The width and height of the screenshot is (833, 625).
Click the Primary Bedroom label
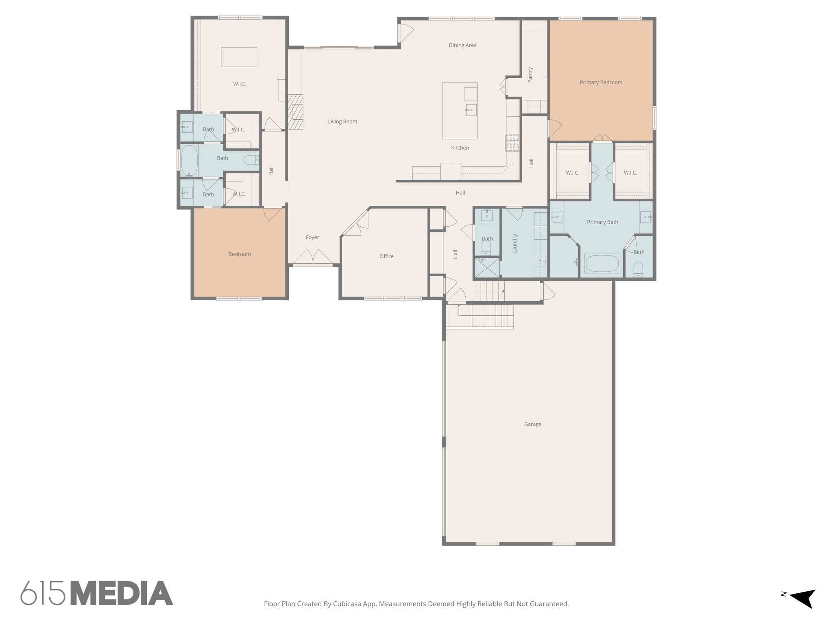pyautogui.click(x=601, y=82)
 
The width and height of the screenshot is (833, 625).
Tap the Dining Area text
pyautogui.click(x=462, y=45)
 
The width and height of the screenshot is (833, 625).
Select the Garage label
pyautogui.click(x=532, y=424)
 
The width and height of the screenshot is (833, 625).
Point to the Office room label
pyautogui.click(x=386, y=256)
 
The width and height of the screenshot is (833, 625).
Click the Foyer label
pyautogui.click(x=312, y=237)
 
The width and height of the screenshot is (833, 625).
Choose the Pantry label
pyautogui.click(x=530, y=75)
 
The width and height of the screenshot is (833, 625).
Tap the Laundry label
pyautogui.click(x=515, y=243)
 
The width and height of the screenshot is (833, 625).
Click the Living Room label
pyautogui.click(x=342, y=121)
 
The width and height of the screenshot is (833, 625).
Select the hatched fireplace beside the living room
pyautogui.click(x=296, y=112)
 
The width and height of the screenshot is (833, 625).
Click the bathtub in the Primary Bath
pyautogui.click(x=602, y=263)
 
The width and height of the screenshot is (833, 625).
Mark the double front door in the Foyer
pyautogui.click(x=313, y=257)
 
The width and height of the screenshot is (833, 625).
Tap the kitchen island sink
pyautogui.click(x=471, y=110)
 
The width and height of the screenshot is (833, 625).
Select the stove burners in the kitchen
pyautogui.click(x=512, y=143)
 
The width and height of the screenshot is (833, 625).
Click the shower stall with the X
pyautogui.click(x=487, y=268)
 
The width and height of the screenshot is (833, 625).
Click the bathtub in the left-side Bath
pyautogui.click(x=189, y=160)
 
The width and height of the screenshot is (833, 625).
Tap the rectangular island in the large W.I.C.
pyautogui.click(x=239, y=57)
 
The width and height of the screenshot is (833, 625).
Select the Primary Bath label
pyautogui.click(x=602, y=222)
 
